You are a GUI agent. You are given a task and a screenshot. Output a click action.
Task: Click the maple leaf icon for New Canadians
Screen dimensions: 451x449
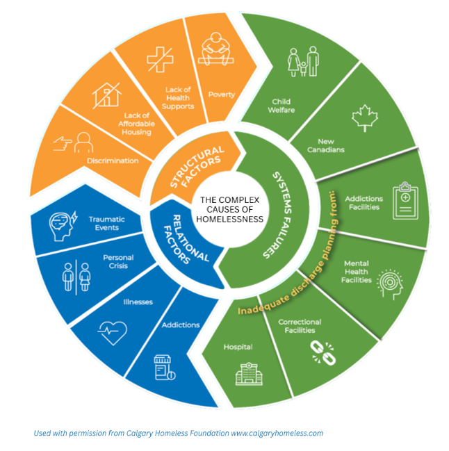tap(363, 119)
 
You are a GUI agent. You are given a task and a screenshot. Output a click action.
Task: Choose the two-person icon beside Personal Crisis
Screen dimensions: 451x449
tap(75, 277)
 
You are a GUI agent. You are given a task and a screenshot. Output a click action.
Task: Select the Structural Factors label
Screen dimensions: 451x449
tap(187, 167)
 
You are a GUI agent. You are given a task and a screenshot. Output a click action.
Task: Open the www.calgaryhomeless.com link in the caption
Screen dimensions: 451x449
tap(278, 433)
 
